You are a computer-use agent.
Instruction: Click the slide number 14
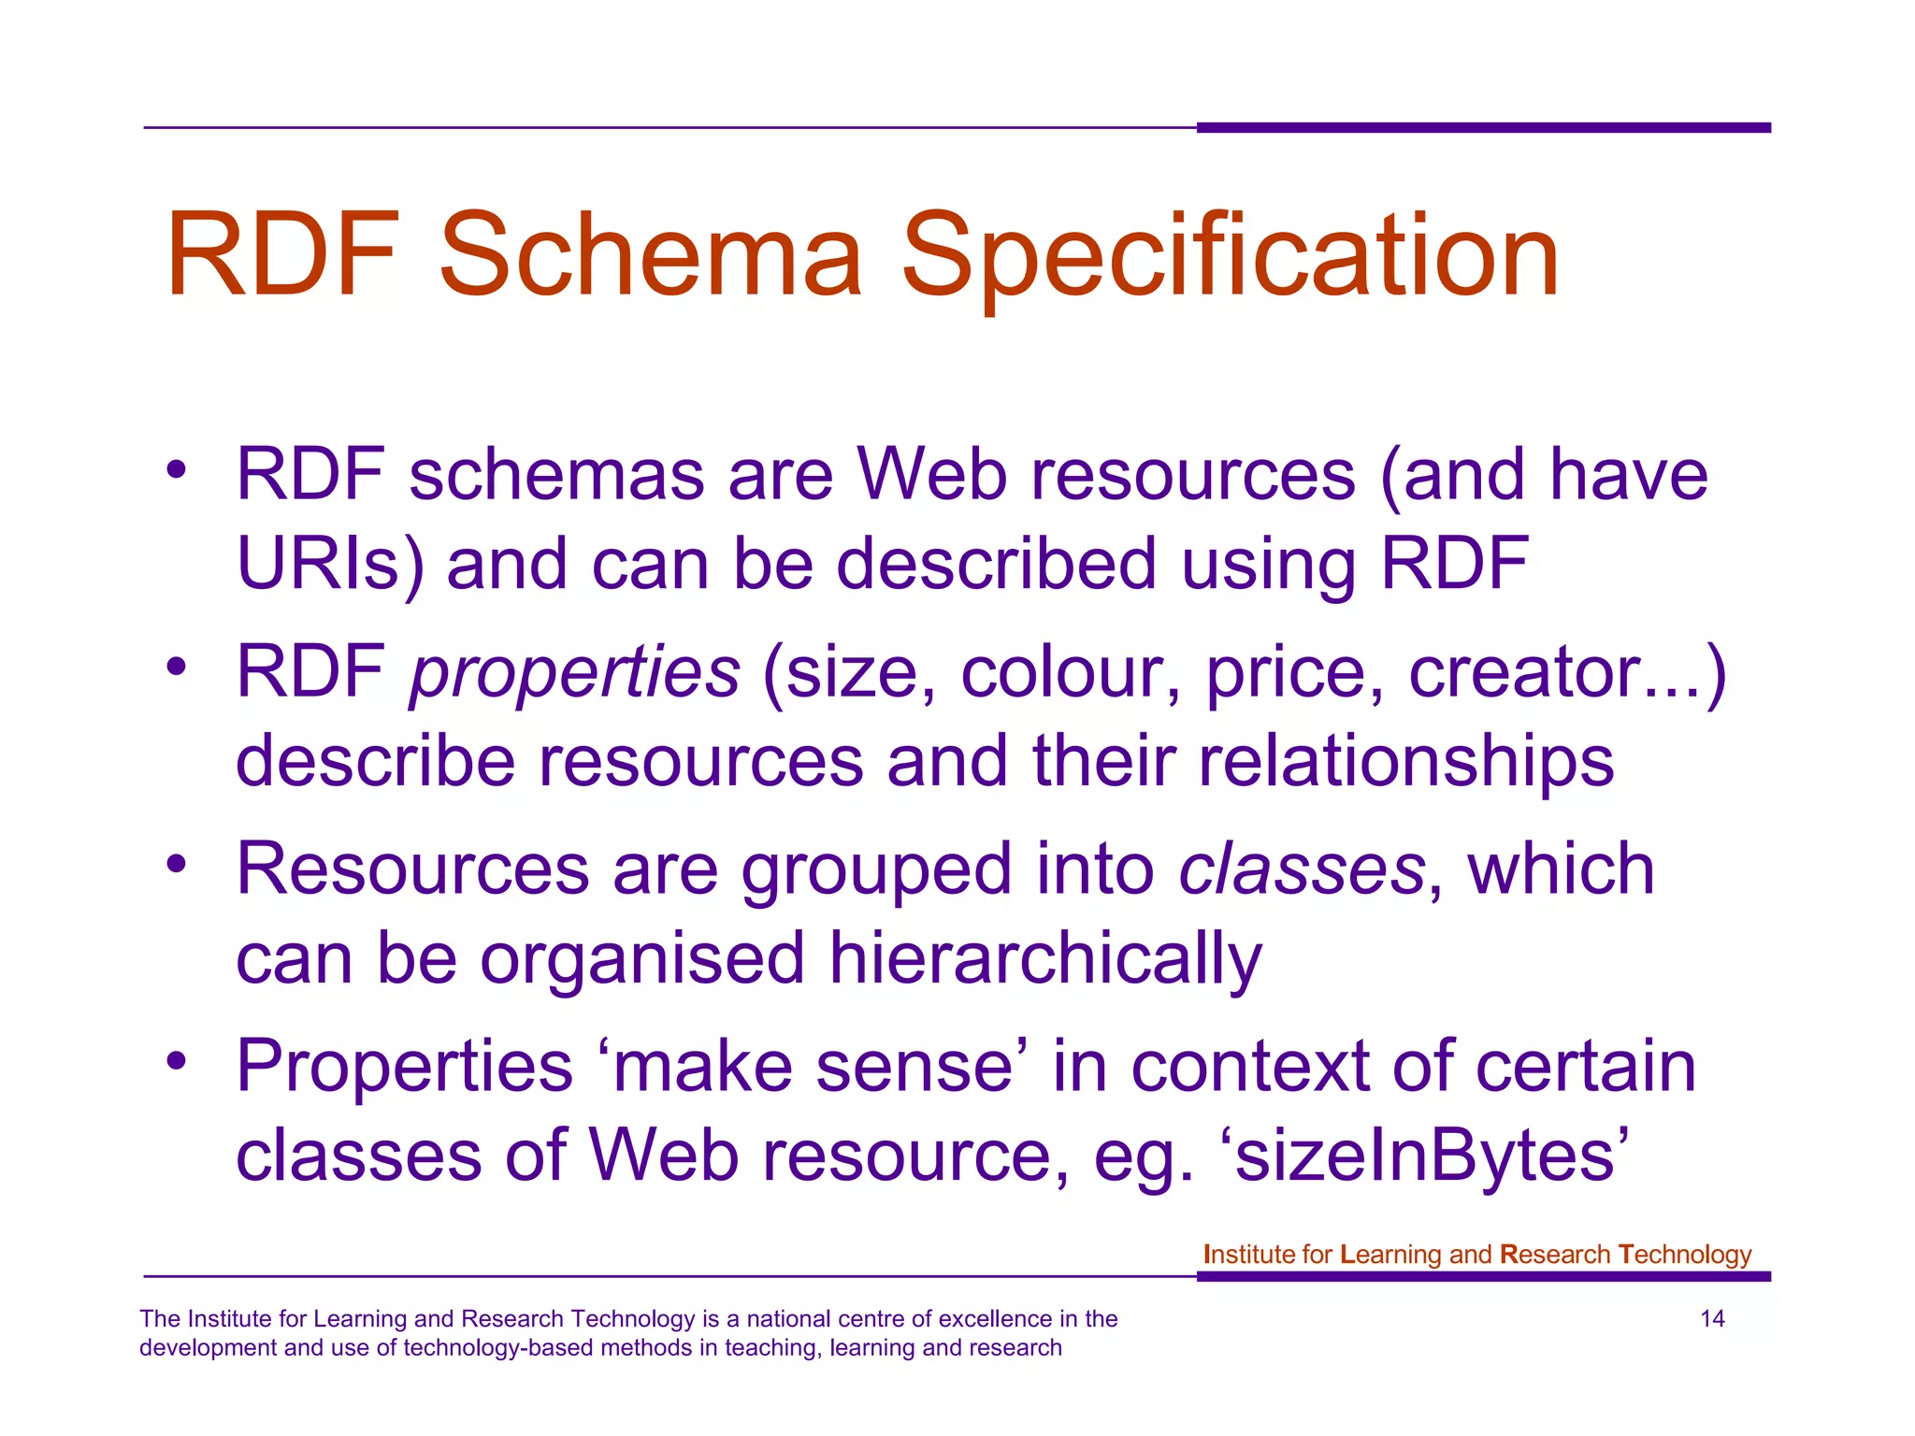[1712, 1319]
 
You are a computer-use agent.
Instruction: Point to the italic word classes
[1302, 869]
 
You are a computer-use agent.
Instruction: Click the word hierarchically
[1045, 959]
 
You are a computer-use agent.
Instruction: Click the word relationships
[1406, 761]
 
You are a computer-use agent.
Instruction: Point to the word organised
[642, 959]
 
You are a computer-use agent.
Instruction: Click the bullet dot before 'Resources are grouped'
[177, 863]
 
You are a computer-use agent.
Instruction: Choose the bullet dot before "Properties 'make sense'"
[177, 1060]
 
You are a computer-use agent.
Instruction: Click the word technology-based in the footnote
[497, 1348]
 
